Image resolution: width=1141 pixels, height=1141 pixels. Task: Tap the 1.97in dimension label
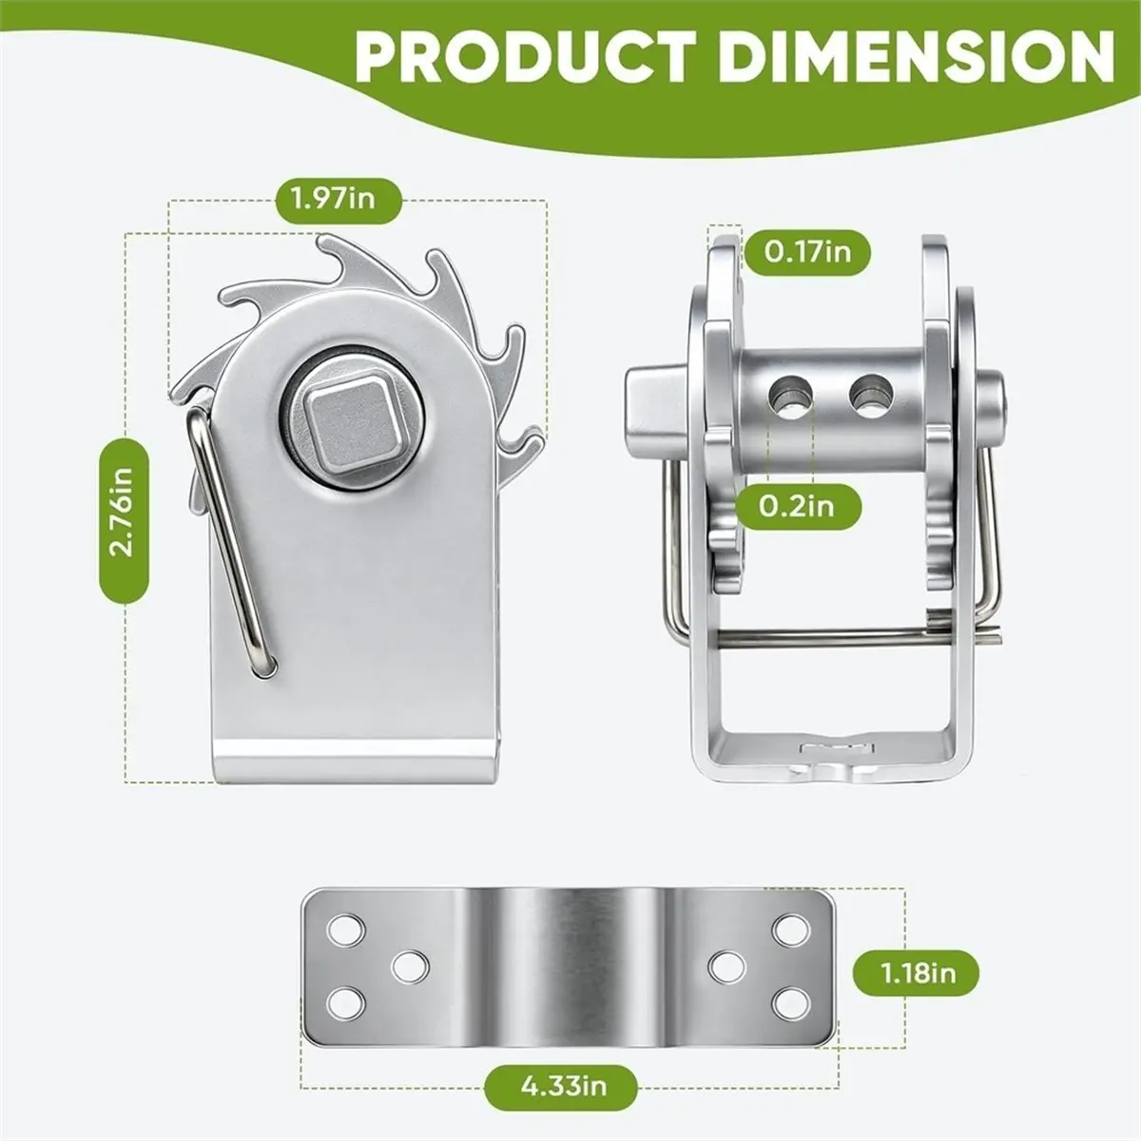pos(334,200)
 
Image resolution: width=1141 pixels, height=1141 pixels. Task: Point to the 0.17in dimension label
pos(807,252)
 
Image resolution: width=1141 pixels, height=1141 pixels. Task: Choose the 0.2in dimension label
pos(796,506)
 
